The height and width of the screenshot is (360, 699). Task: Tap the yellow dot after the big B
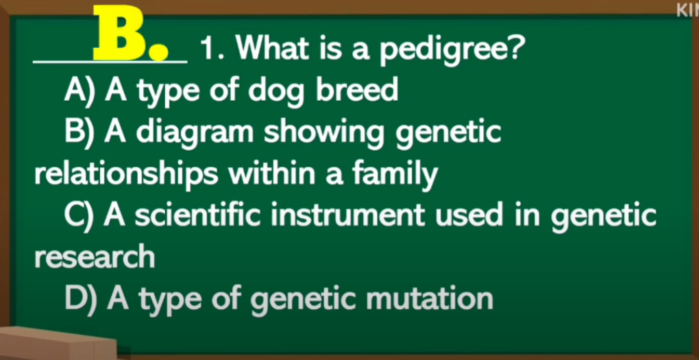pos(159,52)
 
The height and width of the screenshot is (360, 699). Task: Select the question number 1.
pos(208,49)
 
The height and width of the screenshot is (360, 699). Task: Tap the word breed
pos(356,89)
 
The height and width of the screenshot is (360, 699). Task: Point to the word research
pos(95,257)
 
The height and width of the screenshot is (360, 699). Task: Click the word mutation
pos(429,298)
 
